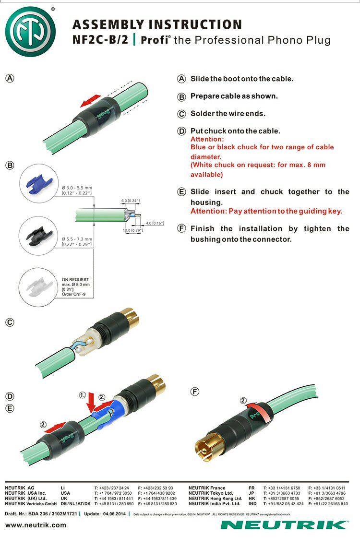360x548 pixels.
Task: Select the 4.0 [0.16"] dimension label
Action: (x=155, y=223)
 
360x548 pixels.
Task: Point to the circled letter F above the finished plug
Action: (x=195, y=392)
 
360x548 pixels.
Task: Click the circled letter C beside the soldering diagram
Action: (x=10, y=322)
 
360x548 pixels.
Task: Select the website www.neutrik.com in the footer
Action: (x=36, y=525)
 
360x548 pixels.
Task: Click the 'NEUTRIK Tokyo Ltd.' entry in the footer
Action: (x=211, y=493)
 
